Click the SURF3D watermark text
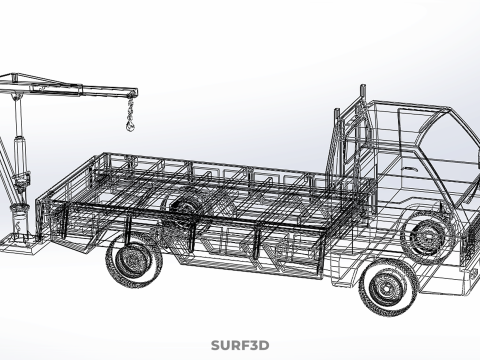(240, 345)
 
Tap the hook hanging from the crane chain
(130, 125)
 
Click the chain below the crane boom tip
(130, 109)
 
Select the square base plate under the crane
(21, 244)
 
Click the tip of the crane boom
(135, 93)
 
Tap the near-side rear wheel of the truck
(134, 261)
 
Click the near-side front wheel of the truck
(388, 287)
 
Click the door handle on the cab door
(410, 169)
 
